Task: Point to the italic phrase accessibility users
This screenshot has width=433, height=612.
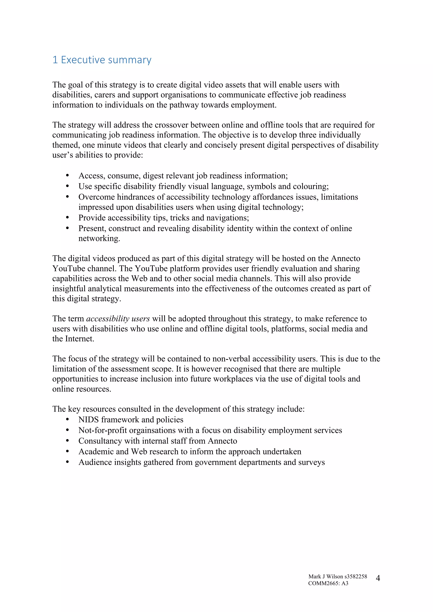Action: tap(118, 319)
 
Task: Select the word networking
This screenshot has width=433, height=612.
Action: tap(99, 238)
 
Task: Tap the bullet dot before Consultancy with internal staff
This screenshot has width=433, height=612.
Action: tap(67, 441)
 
